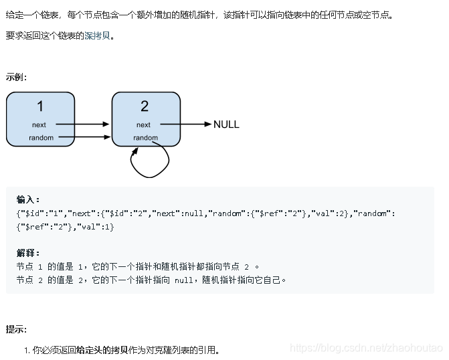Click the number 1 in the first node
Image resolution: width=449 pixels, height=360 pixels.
[x=40, y=106]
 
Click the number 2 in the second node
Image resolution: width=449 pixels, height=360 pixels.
[x=145, y=106]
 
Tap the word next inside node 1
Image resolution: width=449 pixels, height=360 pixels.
[x=39, y=124]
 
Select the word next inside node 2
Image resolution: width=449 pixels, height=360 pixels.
[x=143, y=124]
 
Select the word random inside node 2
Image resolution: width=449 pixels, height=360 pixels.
[x=145, y=138]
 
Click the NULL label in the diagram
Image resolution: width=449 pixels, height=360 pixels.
[x=226, y=124]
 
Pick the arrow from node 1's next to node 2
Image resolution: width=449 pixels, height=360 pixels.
[x=82, y=124]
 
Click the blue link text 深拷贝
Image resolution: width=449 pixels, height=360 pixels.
[x=97, y=36]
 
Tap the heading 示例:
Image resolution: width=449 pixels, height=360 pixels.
[x=16, y=77]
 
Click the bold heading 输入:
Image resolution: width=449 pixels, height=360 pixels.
[x=28, y=199]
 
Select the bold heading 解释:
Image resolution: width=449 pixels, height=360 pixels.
[x=28, y=253]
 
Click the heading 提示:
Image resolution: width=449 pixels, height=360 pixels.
[x=16, y=329]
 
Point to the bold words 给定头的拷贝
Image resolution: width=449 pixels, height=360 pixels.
[x=99, y=350]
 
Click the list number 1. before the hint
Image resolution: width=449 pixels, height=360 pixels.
[x=27, y=350]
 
